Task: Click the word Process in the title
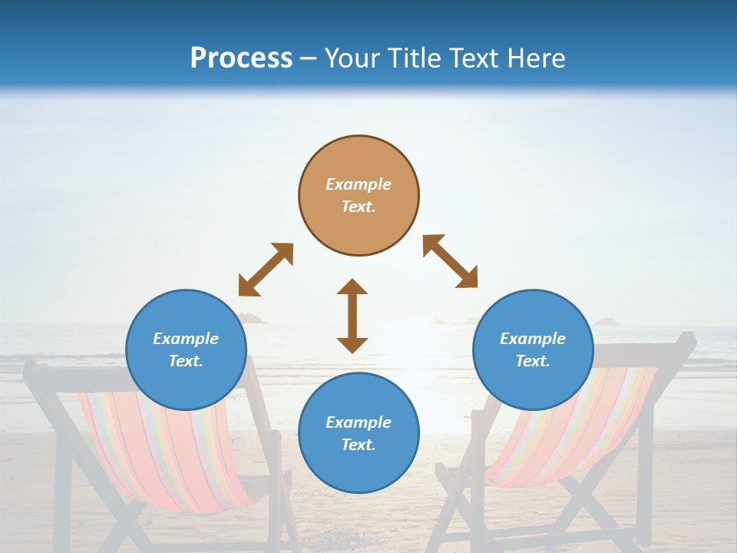241,58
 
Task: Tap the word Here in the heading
535,58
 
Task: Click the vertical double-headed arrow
352,316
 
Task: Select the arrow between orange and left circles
266,269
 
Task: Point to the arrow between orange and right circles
451,261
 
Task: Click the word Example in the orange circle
359,184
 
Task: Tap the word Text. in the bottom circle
359,445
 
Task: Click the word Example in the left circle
186,339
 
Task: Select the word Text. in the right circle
533,361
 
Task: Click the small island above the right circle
606,321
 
